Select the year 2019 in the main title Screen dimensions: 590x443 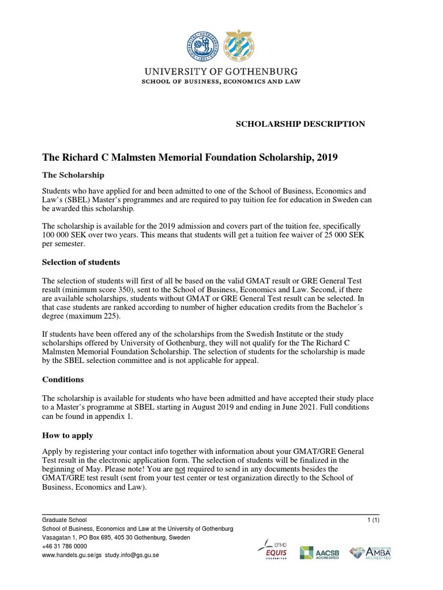(x=326, y=157)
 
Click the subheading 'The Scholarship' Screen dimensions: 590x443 (x=74, y=175)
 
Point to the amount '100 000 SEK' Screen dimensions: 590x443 (x=65, y=236)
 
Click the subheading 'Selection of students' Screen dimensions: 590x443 (x=81, y=262)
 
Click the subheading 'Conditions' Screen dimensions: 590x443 (x=63, y=380)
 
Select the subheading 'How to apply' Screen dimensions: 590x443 (x=67, y=435)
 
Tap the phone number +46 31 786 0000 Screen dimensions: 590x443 (x=65, y=546)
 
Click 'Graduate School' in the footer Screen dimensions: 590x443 (x=65, y=520)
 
